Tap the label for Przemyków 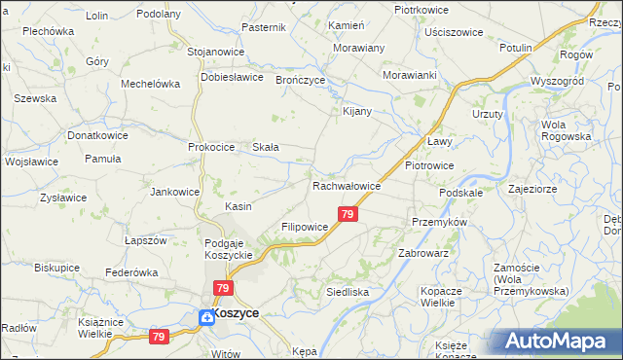coord(440,222)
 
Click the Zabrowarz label coord(422,252)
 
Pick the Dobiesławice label coord(233,76)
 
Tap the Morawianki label coord(409,74)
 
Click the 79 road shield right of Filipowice coord(347,213)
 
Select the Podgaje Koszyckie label coord(229,248)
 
